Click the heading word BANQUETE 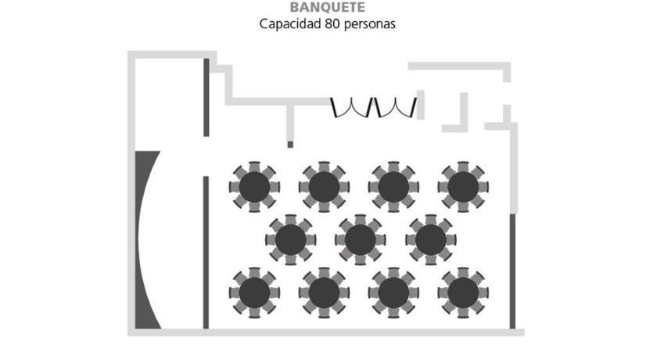pyautogui.click(x=327, y=7)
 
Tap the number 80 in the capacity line pyautogui.click(x=332, y=24)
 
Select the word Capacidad pyautogui.click(x=290, y=24)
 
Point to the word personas pyautogui.click(x=369, y=25)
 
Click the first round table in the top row pyautogui.click(x=254, y=187)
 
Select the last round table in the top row pyautogui.click(x=463, y=187)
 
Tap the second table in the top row pyautogui.click(x=324, y=187)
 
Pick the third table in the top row pyautogui.click(x=393, y=187)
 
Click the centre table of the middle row pyautogui.click(x=361, y=239)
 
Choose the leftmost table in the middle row pyautogui.click(x=291, y=239)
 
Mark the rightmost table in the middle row pyautogui.click(x=431, y=239)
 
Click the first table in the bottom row pyautogui.click(x=254, y=293)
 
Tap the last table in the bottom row pyautogui.click(x=463, y=293)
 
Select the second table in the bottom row pyautogui.click(x=324, y=293)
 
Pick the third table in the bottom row pyautogui.click(x=393, y=293)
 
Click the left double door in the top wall pyautogui.click(x=351, y=107)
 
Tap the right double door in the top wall pyautogui.click(x=396, y=107)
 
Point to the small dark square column pyautogui.click(x=290, y=145)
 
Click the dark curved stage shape pyautogui.click(x=148, y=239)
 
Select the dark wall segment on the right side pyautogui.click(x=512, y=271)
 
